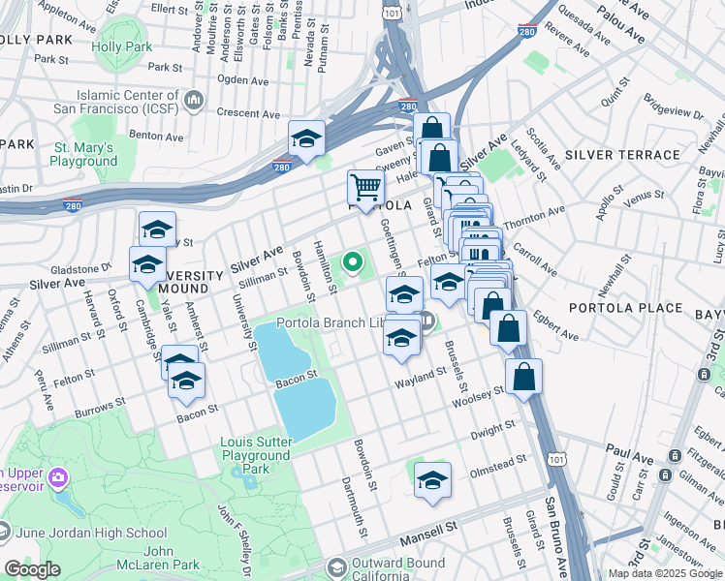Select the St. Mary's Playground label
click(84, 154)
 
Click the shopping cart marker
click(365, 187)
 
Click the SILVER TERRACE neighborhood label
click(622, 155)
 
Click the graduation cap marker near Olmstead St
click(432, 479)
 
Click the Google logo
click(33, 569)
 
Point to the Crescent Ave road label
click(248, 112)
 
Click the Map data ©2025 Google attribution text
click(664, 573)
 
